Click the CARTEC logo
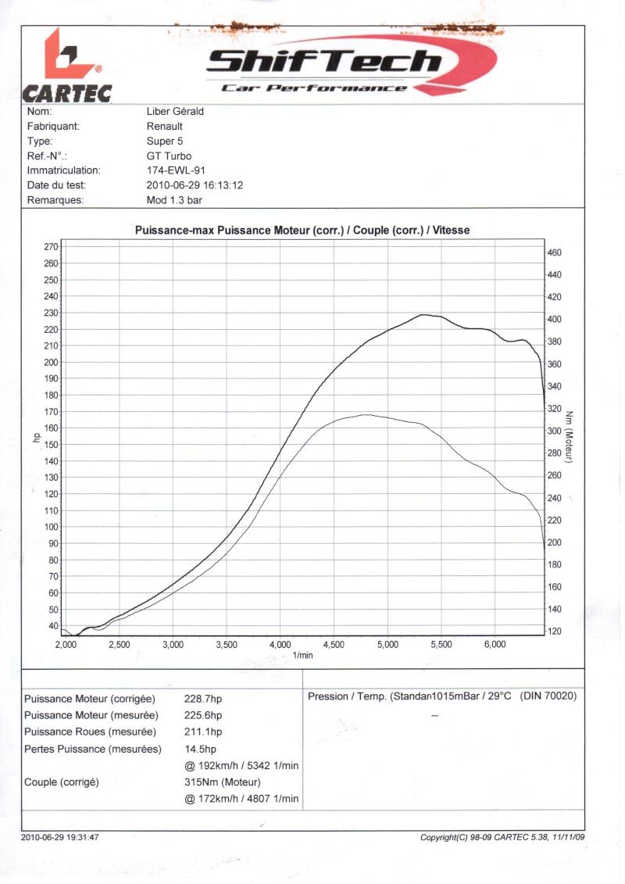pos(67,67)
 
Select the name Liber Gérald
pos(175,112)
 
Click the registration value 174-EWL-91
pos(176,170)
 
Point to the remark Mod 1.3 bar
pos(173,200)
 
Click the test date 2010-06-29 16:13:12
pos(195,185)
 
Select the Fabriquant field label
pos(53,127)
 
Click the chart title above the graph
pos(302,231)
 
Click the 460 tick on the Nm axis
pos(555,253)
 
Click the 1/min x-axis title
pos(303,656)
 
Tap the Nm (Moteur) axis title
pos(570,435)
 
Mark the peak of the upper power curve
pos(425,315)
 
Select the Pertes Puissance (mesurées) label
pos(92,749)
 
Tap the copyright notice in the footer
pos(502,838)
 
